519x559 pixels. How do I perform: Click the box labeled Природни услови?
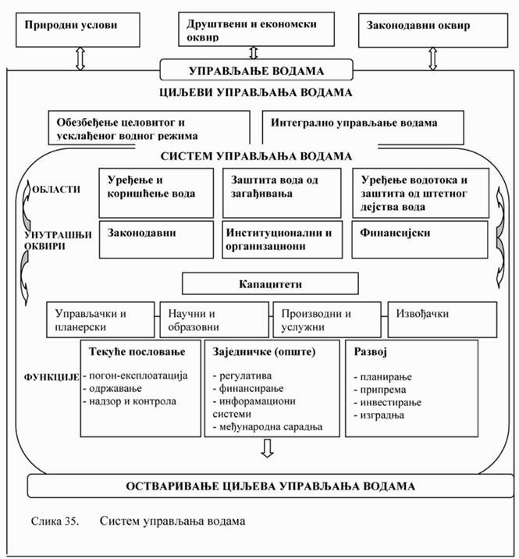[71, 25]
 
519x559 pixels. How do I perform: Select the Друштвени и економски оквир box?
[251, 29]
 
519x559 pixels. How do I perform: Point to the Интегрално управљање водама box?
[363, 123]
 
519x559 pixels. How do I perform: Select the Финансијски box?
[421, 238]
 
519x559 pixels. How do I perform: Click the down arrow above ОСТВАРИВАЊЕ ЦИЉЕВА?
[268, 448]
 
